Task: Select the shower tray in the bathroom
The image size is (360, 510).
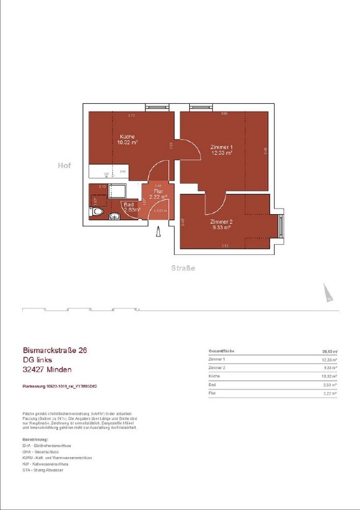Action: click(x=119, y=191)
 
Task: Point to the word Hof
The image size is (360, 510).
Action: click(x=64, y=165)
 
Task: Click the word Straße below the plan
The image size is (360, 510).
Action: click(x=183, y=268)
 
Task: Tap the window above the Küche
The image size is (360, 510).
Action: click(x=157, y=107)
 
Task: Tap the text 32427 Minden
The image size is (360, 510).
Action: click(x=47, y=370)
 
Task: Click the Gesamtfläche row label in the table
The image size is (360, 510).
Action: click(x=224, y=351)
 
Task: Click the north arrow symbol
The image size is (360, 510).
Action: click(x=328, y=293)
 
